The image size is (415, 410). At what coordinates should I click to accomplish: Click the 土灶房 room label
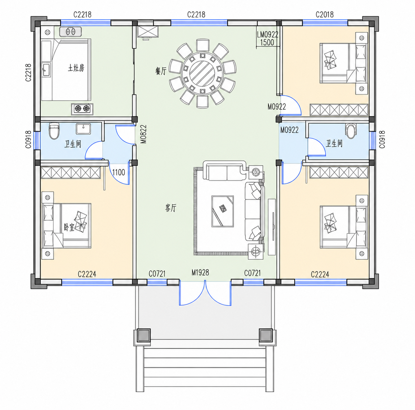[x=76, y=68]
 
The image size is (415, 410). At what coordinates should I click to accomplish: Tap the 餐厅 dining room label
[x=161, y=71]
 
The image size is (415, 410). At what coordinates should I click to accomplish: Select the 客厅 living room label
[x=170, y=208]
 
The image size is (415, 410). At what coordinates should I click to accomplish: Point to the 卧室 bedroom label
[x=69, y=227]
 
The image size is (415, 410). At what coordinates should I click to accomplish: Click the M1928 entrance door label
[x=200, y=273]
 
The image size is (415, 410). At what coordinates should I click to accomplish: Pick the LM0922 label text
[x=268, y=34]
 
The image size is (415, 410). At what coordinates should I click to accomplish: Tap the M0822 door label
[x=143, y=134]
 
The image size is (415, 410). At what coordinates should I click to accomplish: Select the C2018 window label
[x=324, y=15]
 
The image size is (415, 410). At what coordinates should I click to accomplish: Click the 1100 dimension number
[x=119, y=172]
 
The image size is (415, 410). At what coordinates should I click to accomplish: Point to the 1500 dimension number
[x=267, y=42]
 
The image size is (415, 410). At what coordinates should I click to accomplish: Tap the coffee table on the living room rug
[x=223, y=211]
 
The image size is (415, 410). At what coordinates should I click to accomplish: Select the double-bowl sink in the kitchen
[x=70, y=32]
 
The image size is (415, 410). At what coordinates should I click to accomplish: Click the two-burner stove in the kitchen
[x=82, y=109]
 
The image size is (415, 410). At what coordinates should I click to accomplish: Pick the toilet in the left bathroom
[x=54, y=131]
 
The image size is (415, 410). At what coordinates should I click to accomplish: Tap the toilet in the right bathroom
[x=351, y=131]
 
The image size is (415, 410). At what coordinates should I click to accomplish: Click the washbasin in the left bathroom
[x=83, y=129]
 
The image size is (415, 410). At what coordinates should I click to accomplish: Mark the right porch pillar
[x=266, y=335]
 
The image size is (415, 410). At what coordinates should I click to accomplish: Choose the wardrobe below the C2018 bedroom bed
[x=339, y=110]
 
